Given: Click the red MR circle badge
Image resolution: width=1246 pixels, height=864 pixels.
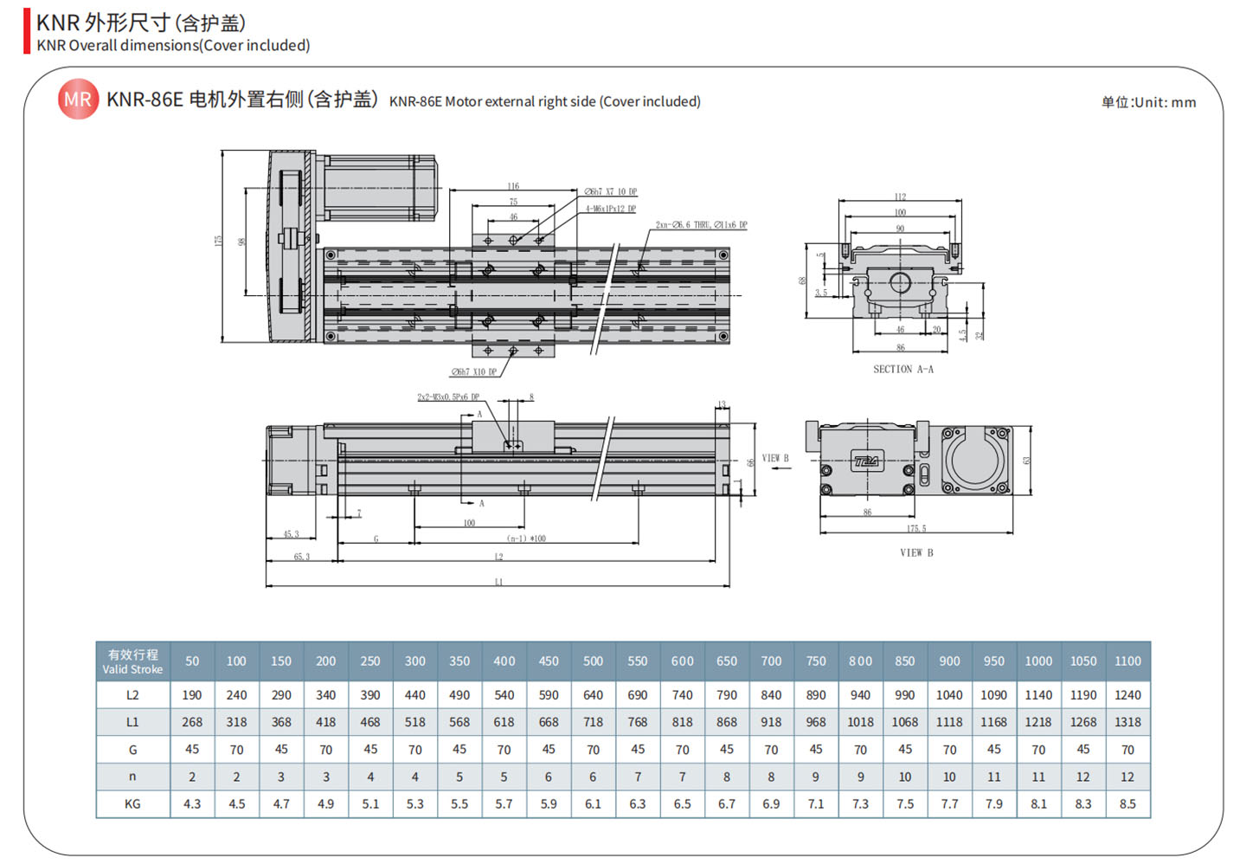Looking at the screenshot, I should tap(78, 100).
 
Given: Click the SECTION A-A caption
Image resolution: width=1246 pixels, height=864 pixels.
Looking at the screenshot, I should tap(902, 370).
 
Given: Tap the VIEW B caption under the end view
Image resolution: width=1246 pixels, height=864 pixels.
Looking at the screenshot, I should tap(916, 552).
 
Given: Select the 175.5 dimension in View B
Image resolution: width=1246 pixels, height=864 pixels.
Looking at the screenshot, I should tap(916, 528).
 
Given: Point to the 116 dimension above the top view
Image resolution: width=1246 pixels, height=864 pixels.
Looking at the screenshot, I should tap(513, 186).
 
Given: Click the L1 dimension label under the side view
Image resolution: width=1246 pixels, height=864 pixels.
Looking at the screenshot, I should tap(498, 582).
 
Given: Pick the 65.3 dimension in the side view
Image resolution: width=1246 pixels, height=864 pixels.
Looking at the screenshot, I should tap(301, 557).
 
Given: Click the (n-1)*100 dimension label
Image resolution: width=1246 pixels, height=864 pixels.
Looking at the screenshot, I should tap(526, 538).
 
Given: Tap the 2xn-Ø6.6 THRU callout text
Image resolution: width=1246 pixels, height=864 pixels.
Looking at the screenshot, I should tap(701, 225).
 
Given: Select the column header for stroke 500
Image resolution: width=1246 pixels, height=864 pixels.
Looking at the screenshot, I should tap(593, 661).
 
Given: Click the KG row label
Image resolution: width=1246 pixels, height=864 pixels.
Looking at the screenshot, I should tap(132, 804).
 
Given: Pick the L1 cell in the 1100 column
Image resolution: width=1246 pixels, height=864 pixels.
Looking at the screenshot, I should tap(1127, 722).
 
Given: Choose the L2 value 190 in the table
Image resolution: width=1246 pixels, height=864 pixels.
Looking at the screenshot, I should tap(192, 695).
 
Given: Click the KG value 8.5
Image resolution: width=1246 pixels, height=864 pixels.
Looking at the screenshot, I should tap(1127, 804).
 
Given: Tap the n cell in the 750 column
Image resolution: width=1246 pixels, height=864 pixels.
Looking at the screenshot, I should tap(816, 777).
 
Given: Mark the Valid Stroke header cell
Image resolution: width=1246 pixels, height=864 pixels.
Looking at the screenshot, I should tap(132, 661).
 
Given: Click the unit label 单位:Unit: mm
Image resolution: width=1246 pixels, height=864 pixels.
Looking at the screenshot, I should tap(1148, 102).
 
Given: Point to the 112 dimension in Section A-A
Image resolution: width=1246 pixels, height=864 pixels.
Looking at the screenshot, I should tap(900, 197).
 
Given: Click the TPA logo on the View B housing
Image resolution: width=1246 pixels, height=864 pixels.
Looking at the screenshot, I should tap(865, 461).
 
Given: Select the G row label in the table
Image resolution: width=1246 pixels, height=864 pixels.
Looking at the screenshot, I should tap(132, 750).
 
